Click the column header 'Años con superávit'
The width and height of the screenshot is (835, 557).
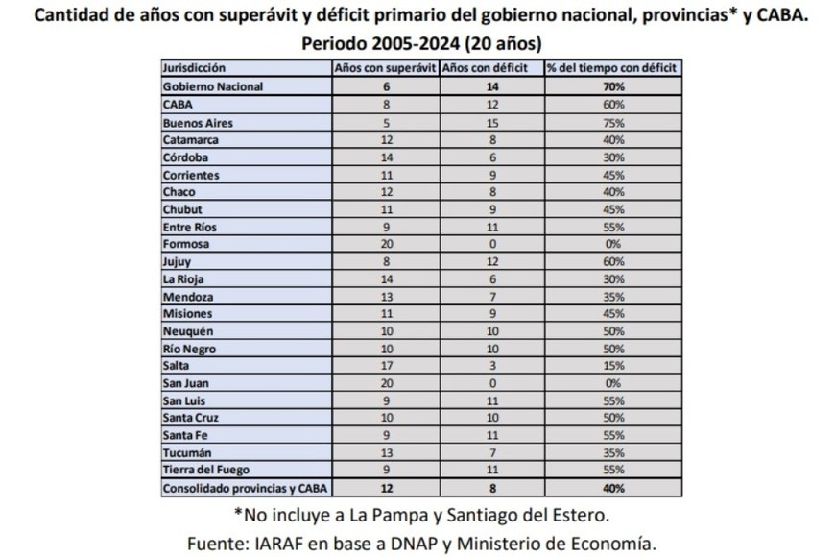(x=384, y=68)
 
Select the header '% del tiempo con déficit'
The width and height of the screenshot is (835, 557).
(x=611, y=68)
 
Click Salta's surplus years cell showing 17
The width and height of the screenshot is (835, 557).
(x=385, y=366)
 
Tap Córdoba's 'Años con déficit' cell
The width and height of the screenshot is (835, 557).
(x=490, y=157)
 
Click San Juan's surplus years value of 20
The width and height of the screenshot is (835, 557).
(x=385, y=383)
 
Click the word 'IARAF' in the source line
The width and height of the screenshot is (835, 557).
(x=296, y=543)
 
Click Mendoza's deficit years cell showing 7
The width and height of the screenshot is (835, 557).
(x=490, y=296)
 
